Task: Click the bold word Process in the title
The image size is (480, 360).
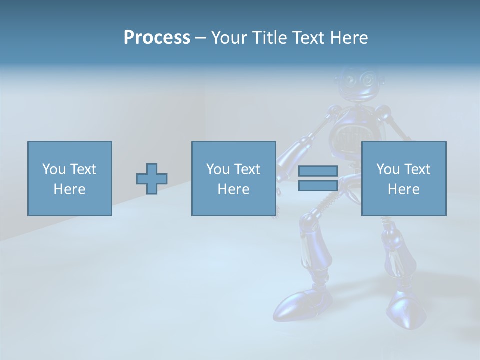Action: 157,38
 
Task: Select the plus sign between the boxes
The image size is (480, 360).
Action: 152,179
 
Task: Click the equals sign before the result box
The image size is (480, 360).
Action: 318,178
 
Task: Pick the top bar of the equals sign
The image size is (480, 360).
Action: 318,171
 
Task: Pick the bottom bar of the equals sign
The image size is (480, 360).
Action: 318,185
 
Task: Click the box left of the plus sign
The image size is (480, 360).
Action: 69,178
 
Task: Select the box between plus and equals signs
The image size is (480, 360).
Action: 233,178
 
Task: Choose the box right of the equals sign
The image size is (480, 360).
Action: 403,178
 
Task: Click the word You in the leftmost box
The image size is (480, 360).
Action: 53,169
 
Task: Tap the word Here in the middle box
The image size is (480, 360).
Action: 233,189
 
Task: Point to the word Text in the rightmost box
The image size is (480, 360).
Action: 417,169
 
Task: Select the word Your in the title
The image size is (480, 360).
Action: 229,38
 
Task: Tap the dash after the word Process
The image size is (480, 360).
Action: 200,38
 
